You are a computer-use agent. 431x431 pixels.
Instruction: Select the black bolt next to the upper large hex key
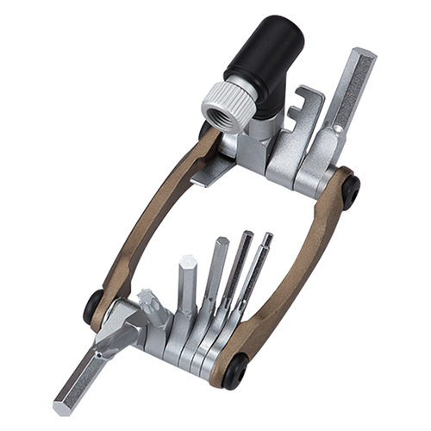tap(349, 191)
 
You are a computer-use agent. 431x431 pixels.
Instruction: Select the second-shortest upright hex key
tap(215, 276)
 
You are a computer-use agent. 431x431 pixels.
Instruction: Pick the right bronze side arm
tap(302, 259)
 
